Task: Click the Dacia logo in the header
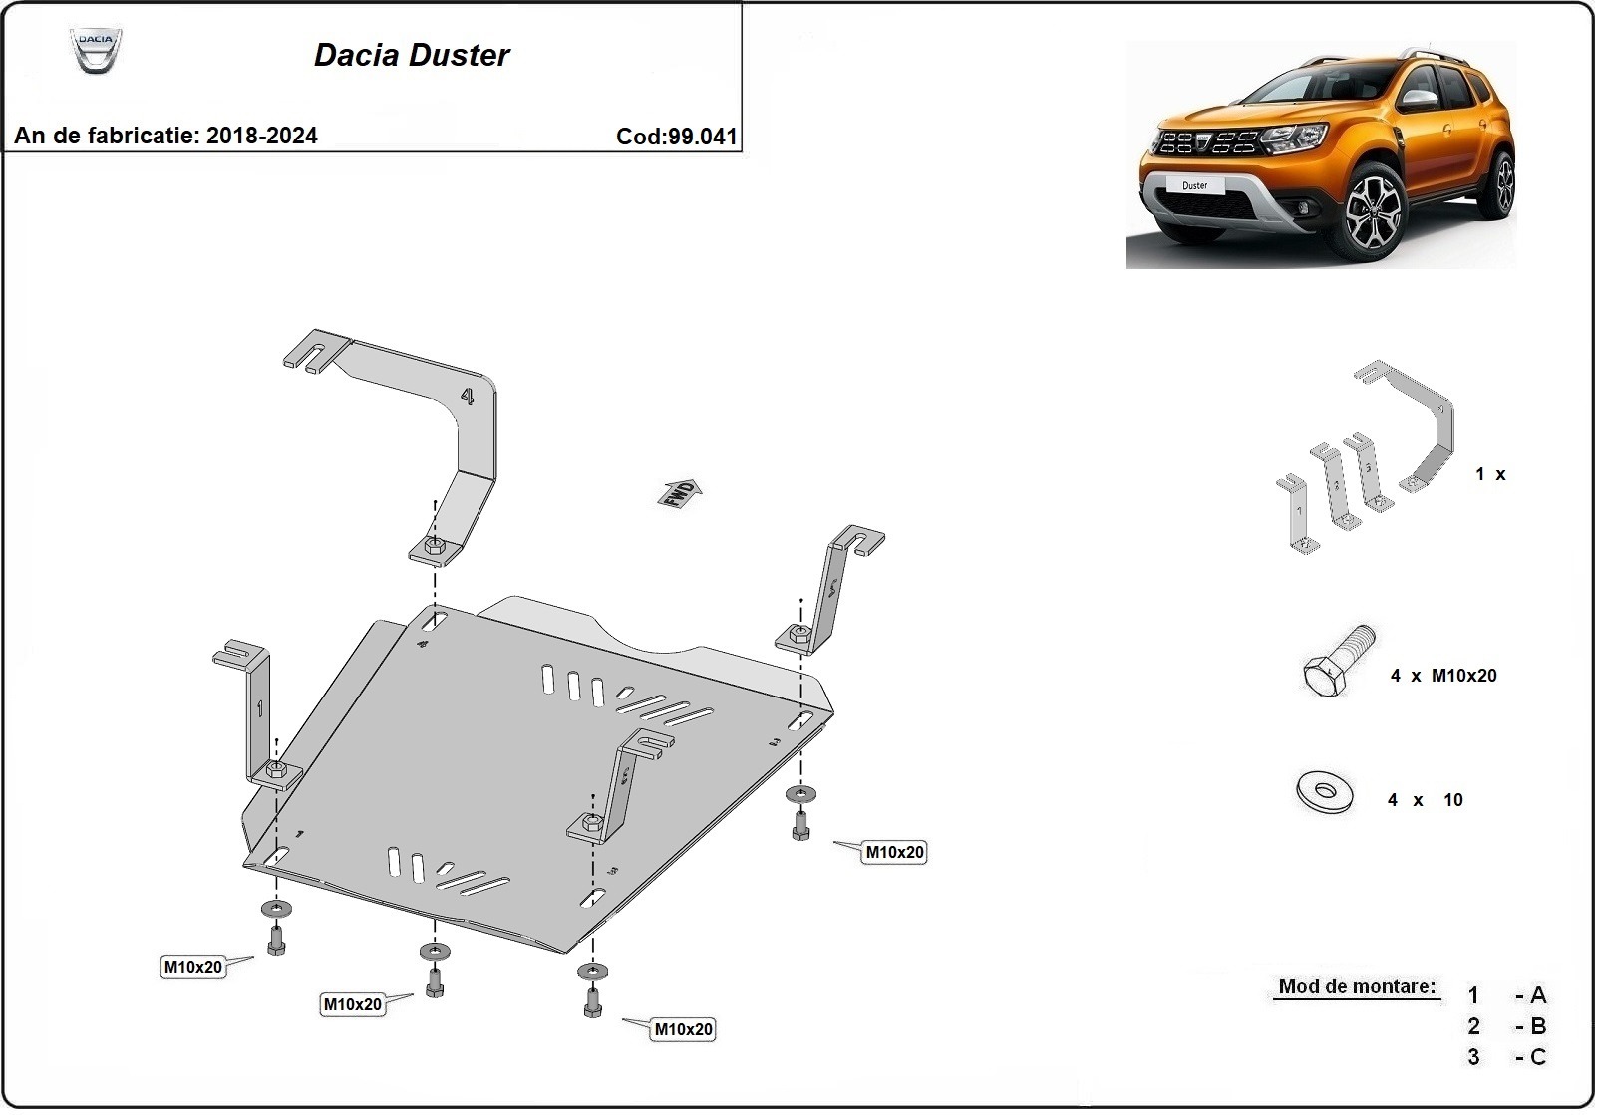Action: click(96, 50)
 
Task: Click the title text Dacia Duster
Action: click(412, 55)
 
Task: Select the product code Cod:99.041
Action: click(677, 137)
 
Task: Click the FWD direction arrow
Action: click(680, 493)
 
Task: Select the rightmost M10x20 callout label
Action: click(894, 852)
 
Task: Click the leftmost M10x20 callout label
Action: click(192, 967)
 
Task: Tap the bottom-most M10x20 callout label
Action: click(683, 1029)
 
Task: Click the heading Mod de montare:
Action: click(1357, 987)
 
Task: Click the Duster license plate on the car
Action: click(1194, 185)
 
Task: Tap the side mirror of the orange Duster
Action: click(1420, 98)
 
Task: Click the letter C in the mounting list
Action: click(1537, 1057)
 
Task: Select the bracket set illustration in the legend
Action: click(1366, 458)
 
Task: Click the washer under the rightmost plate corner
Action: click(799, 794)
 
